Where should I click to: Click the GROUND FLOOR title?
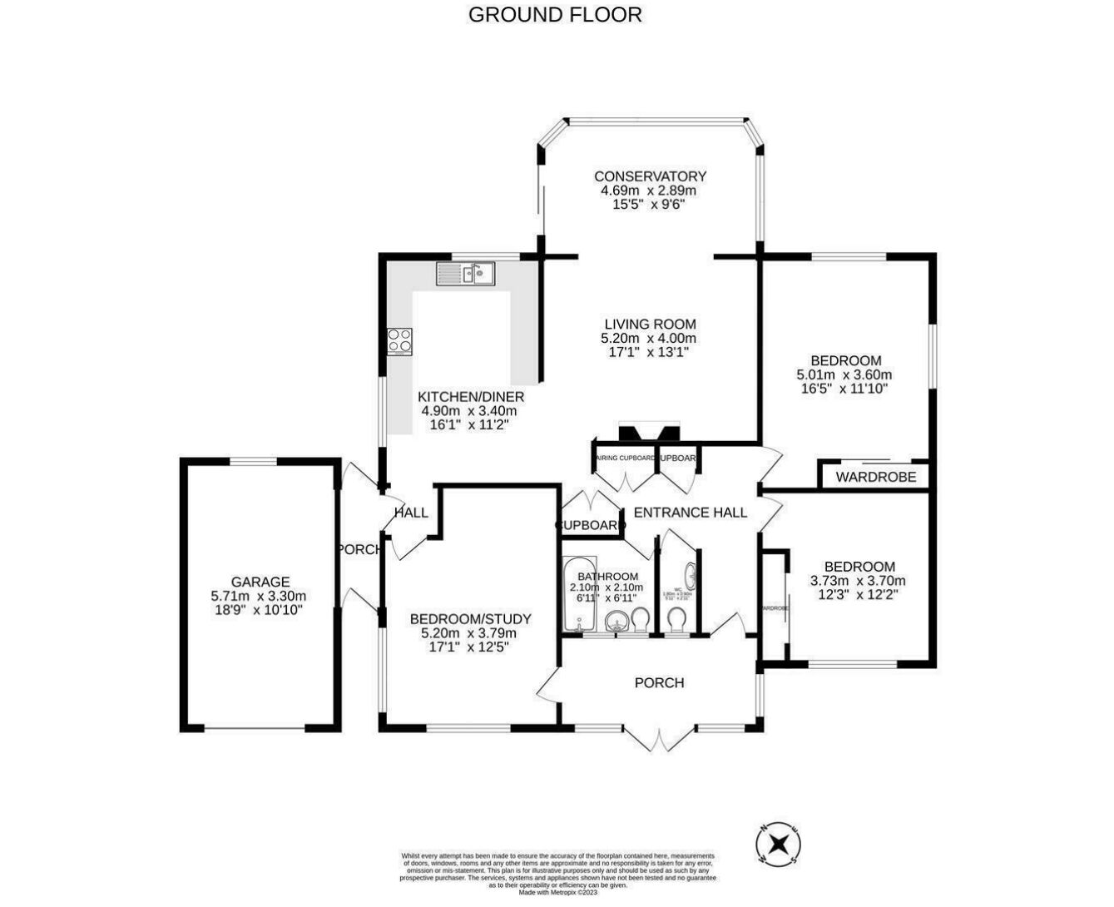(555, 14)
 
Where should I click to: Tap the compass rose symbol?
(779, 844)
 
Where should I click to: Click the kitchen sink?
(466, 273)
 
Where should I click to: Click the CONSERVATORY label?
(650, 176)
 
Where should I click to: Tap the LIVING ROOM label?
(649, 325)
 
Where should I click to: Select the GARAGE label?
(260, 582)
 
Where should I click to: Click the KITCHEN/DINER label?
(470, 397)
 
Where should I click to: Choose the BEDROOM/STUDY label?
(470, 619)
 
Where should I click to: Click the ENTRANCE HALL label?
(690, 513)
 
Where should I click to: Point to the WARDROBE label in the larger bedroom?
(875, 477)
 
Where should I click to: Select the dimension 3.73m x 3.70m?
(858, 581)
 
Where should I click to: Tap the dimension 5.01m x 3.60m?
(844, 374)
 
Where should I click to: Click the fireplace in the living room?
(648, 433)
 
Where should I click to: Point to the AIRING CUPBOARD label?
(625, 458)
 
